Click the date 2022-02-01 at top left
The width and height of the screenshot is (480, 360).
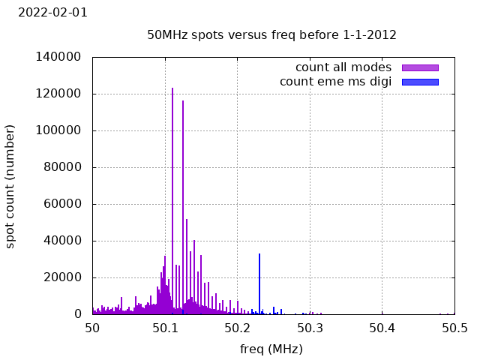[52, 12]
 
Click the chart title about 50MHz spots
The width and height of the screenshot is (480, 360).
[271, 34]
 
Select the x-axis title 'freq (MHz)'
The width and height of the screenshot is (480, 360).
[271, 349]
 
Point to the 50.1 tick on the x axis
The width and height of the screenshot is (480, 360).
[165, 328]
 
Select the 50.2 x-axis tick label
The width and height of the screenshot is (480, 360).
[237, 328]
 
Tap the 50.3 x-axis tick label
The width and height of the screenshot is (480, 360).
[310, 328]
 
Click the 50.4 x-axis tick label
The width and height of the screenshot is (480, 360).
[382, 328]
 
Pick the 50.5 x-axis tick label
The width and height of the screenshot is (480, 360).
[454, 328]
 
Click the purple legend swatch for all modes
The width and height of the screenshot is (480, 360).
[420, 67]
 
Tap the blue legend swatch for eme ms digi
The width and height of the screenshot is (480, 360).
[420, 81]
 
